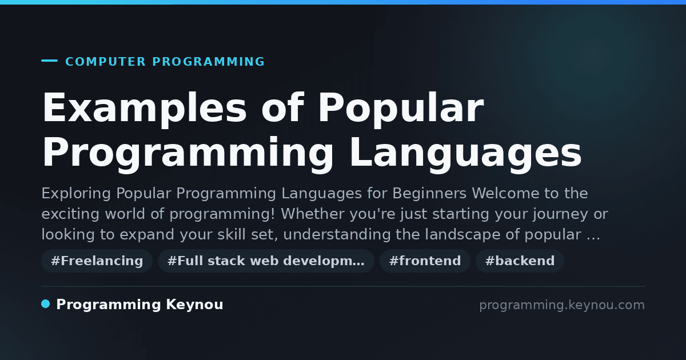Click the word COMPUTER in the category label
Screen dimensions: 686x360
105,62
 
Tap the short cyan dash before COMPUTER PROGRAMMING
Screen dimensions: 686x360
49,61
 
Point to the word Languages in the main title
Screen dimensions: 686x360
465,154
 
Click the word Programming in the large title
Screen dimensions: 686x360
188,154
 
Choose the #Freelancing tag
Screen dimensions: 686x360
97,261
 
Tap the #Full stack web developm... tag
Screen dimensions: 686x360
266,261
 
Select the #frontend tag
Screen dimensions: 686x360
425,261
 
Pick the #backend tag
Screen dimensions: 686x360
520,261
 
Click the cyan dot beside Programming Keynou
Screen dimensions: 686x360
45,304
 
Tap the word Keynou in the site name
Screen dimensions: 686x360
194,305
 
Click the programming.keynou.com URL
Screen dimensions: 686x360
562,305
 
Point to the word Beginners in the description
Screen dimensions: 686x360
429,194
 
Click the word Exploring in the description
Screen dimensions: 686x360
76,194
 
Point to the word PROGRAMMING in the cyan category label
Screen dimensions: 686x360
209,62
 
